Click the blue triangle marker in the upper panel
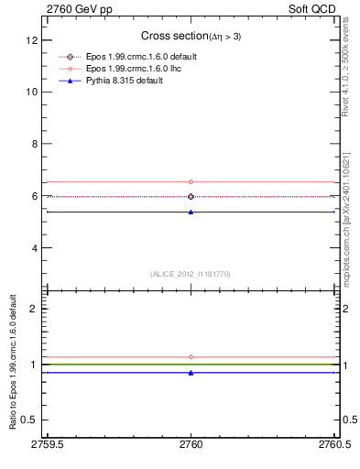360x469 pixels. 191,212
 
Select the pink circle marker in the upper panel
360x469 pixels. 191,181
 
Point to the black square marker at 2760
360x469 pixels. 191,196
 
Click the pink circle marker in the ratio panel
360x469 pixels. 191,356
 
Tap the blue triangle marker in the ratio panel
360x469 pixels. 191,373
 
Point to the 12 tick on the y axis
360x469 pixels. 32,41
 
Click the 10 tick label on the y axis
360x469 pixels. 32,93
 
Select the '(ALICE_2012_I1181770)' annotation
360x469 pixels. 191,274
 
